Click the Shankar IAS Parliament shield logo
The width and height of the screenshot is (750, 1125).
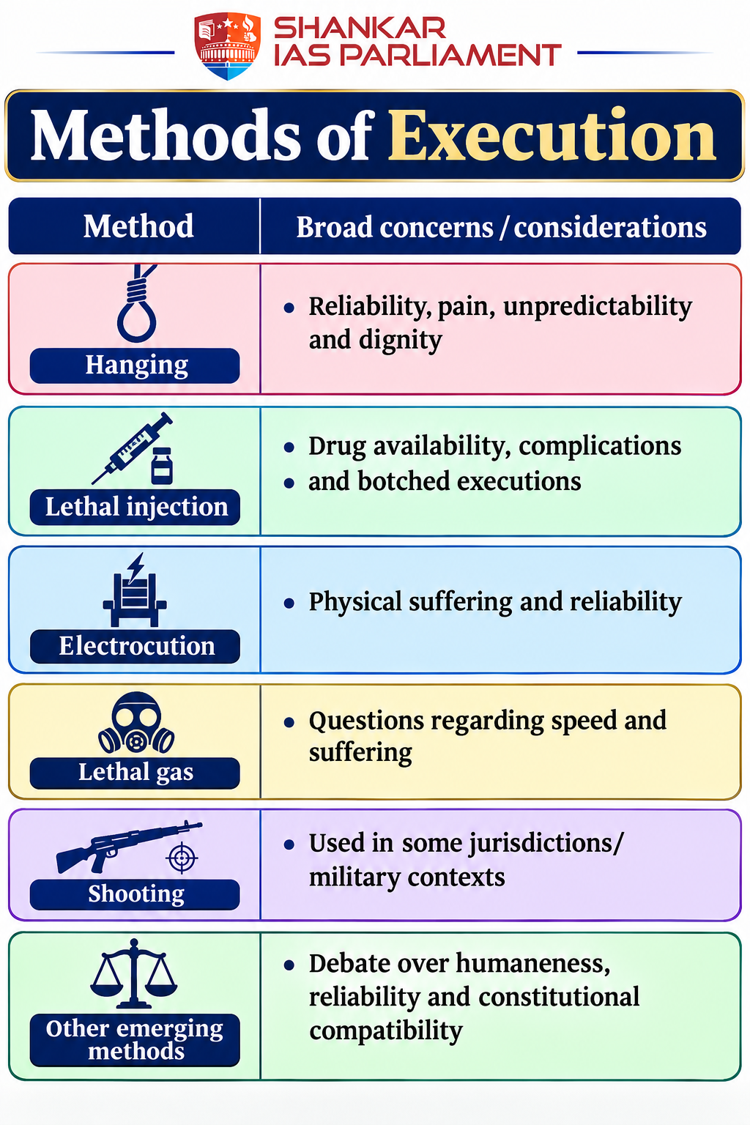click(227, 46)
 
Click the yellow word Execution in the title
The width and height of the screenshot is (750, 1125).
click(552, 136)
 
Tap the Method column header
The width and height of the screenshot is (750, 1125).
click(138, 226)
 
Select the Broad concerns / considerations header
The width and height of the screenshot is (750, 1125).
click(501, 227)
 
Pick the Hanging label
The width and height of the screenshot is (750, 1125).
click(137, 365)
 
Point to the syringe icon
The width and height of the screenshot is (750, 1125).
click(132, 448)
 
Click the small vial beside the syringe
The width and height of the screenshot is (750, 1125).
click(162, 466)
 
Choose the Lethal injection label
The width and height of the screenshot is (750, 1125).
click(137, 507)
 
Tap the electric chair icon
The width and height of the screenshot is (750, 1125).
click(135, 590)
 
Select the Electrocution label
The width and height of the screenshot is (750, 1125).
click(137, 646)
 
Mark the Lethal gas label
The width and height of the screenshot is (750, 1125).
click(135, 773)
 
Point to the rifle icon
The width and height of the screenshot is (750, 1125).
click(129, 846)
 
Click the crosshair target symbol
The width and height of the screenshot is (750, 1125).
click(182, 858)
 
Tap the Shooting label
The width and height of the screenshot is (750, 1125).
click(136, 894)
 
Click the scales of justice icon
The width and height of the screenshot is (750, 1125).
click(133, 974)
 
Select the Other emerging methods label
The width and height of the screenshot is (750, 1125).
click(135, 1039)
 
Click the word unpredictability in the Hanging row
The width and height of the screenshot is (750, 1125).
click(598, 307)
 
